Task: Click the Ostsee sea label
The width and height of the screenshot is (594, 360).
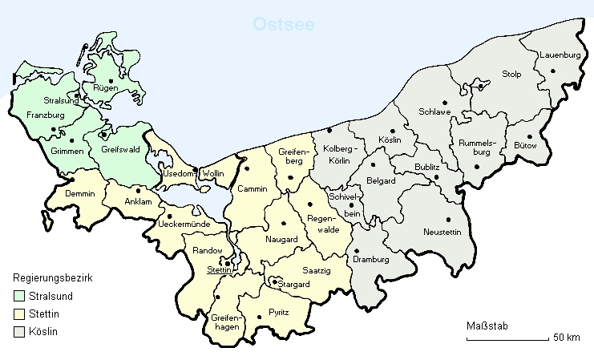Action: click(284, 24)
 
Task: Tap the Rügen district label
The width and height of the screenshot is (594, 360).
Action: click(107, 89)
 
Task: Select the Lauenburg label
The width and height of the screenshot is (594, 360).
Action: click(560, 55)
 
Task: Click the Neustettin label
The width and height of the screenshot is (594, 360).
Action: click(444, 233)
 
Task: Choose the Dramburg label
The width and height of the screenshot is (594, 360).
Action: click(370, 261)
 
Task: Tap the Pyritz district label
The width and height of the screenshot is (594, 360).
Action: click(279, 311)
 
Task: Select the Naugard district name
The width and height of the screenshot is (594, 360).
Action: click(281, 240)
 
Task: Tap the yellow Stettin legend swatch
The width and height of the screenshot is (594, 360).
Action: click(20, 314)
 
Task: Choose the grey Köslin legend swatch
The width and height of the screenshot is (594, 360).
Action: click(20, 331)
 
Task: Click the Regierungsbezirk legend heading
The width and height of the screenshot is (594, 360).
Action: click(55, 278)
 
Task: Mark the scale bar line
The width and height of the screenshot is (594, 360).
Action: click(507, 339)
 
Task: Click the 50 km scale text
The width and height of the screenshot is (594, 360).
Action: click(566, 338)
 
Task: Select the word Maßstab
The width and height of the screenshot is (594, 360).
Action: click(487, 326)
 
